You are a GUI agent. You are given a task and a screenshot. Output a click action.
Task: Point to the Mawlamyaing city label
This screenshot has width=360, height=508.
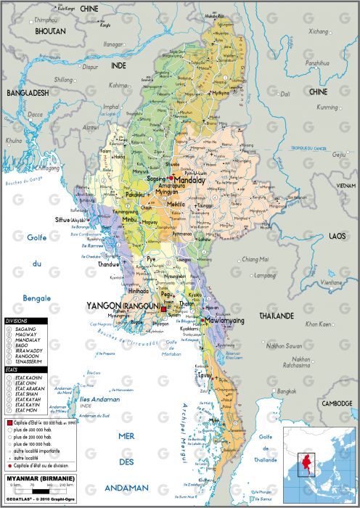coord(224,320)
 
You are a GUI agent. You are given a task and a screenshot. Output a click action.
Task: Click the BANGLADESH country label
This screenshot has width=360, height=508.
coord(28,94)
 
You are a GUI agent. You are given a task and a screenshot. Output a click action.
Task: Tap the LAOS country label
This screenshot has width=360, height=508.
coord(336,237)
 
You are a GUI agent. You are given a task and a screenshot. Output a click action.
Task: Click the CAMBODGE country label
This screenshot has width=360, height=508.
coord(337,403)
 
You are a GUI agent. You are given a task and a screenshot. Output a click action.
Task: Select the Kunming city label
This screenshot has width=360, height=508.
coord(327,107)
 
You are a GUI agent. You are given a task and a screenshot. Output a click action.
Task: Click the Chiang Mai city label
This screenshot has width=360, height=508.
coord(255,259)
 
